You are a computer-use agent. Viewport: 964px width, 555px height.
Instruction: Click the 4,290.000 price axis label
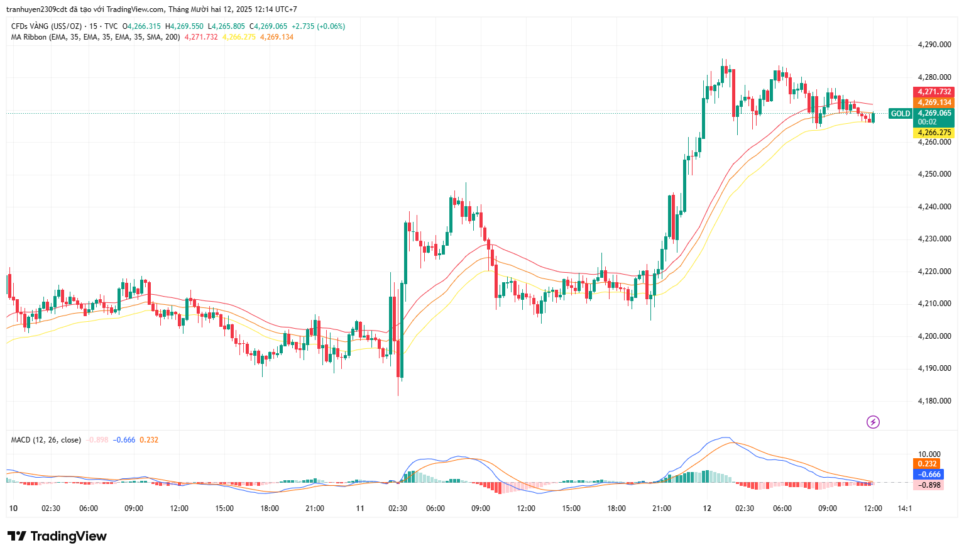pos(934,45)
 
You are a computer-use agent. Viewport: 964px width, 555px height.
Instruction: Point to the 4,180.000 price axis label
pos(934,401)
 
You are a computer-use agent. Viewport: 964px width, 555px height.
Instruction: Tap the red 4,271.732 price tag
pos(933,92)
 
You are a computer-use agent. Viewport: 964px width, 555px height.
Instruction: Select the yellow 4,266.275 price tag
pos(933,133)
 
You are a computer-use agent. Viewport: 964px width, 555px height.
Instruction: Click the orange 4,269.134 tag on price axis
pos(933,102)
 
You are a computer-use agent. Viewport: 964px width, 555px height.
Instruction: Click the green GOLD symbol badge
pos(900,114)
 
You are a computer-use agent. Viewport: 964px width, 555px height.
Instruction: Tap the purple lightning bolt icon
pos(873,422)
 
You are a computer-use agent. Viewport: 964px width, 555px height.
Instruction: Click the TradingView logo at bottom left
pos(57,536)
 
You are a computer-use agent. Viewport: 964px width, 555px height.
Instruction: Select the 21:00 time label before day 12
pos(662,508)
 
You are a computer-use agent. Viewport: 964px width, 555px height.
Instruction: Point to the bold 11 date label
pos(360,508)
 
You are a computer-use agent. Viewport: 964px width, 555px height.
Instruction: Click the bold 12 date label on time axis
pos(707,508)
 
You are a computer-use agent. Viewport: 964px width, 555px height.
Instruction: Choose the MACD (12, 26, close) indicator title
pos(46,440)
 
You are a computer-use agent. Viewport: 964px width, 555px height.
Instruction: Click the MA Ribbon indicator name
pos(28,37)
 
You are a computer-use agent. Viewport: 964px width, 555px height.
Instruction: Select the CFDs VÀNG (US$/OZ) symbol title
pos(47,26)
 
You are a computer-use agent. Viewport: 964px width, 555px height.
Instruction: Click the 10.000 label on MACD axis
pos(929,454)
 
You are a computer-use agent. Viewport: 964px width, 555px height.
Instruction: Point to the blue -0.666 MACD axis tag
pos(929,475)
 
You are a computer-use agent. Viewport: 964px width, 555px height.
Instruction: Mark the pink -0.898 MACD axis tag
pos(929,485)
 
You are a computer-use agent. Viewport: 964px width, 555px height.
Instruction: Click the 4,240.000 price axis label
pos(934,207)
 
